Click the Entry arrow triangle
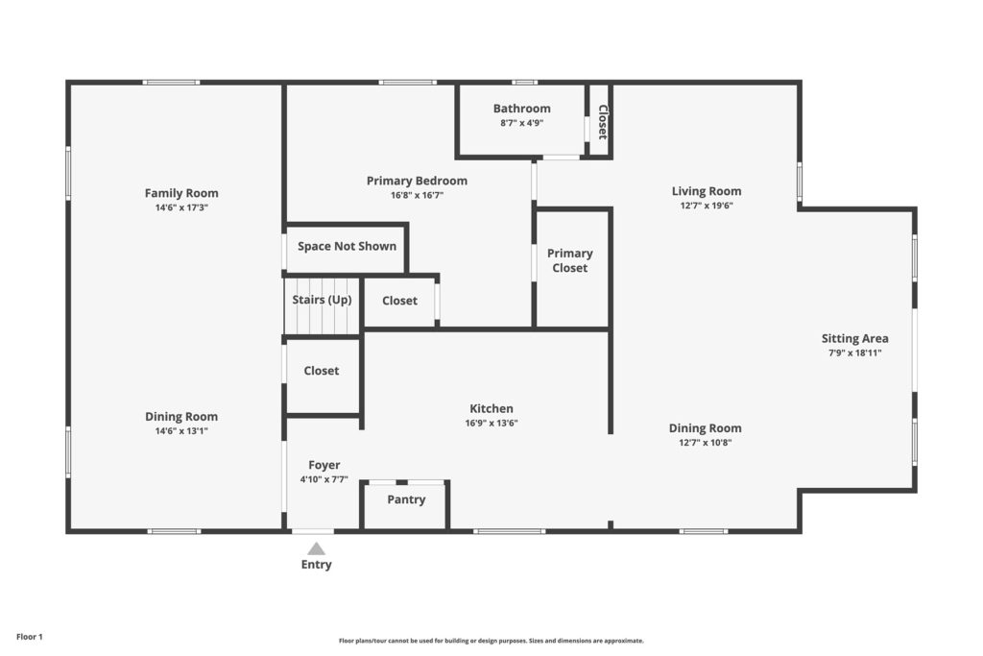316,548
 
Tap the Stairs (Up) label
322,300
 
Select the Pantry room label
406,499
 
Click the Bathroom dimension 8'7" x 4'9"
521,123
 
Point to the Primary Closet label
570,260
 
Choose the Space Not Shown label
347,246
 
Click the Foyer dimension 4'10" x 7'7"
324,479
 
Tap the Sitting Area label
854,338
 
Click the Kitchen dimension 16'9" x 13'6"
491,423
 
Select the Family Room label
181,193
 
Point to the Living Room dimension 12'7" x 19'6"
707,206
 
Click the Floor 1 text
30,637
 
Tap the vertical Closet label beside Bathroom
603,122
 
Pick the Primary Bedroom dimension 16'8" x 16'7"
417,195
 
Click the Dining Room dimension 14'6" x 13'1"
181,431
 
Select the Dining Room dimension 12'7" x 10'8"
706,442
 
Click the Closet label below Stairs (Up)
321,371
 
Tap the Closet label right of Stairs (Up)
399,301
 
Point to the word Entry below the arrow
316,565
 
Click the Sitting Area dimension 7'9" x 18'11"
855,352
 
